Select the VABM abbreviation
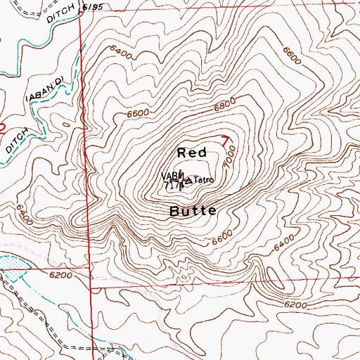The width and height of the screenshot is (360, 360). point(169,176)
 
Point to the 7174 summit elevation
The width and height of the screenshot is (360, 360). point(172,186)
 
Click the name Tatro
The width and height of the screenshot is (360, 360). point(202,180)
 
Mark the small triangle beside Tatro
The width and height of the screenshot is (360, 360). point(188,181)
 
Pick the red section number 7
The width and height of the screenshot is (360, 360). point(225,139)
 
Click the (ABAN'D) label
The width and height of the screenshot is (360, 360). point(47,88)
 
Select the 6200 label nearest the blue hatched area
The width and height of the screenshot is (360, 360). point(61,275)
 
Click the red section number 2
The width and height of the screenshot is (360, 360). point(3,128)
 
